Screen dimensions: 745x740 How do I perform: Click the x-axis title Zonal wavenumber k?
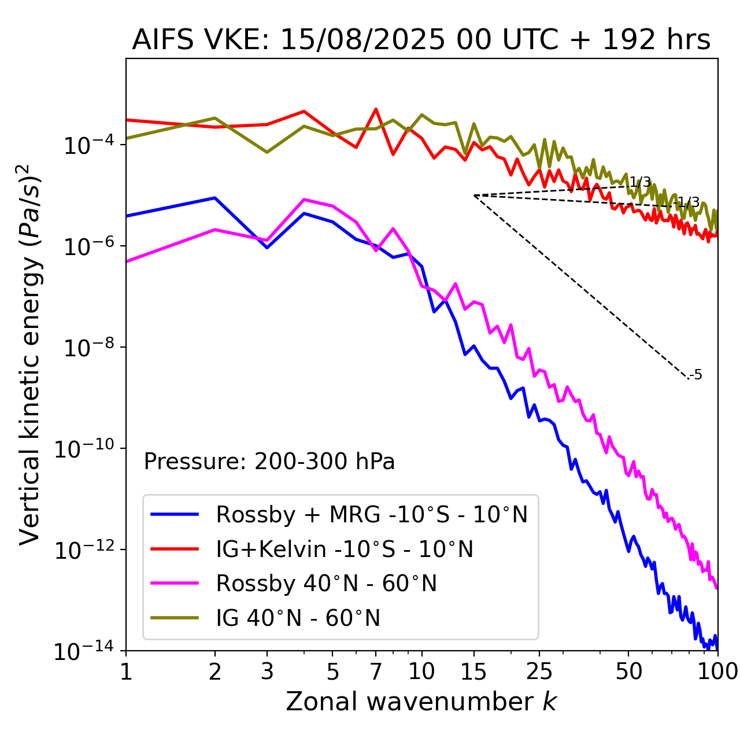(x=421, y=702)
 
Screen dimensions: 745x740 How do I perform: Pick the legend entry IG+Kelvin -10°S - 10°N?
(x=345, y=549)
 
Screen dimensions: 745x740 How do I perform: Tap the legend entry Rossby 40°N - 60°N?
(x=326, y=584)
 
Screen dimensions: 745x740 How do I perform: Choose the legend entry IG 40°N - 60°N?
(x=298, y=618)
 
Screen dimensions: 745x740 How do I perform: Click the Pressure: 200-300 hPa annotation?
(x=269, y=462)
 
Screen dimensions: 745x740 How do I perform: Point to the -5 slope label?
(x=696, y=375)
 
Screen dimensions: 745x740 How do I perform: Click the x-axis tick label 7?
(x=376, y=672)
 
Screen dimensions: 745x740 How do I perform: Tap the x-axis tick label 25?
(x=539, y=672)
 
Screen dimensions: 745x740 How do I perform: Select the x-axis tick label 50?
(x=628, y=672)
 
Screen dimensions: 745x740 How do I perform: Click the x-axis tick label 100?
(x=717, y=672)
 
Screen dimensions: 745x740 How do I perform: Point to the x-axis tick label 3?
(x=267, y=672)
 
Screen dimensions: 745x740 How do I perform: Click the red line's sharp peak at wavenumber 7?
(x=376, y=109)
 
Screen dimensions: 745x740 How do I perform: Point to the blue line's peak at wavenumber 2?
(x=215, y=198)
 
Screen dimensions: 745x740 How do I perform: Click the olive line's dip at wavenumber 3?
(x=267, y=152)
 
